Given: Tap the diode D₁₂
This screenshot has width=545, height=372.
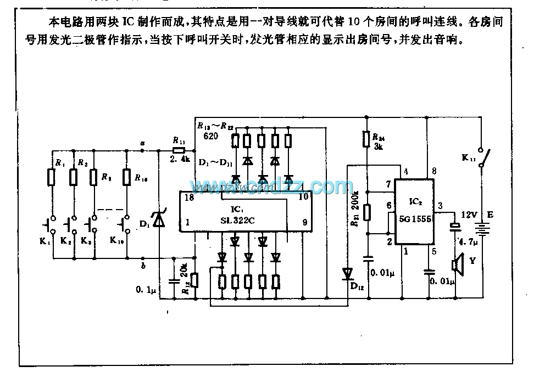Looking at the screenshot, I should (x=347, y=273).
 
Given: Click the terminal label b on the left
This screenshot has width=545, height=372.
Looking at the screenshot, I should (x=143, y=266).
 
